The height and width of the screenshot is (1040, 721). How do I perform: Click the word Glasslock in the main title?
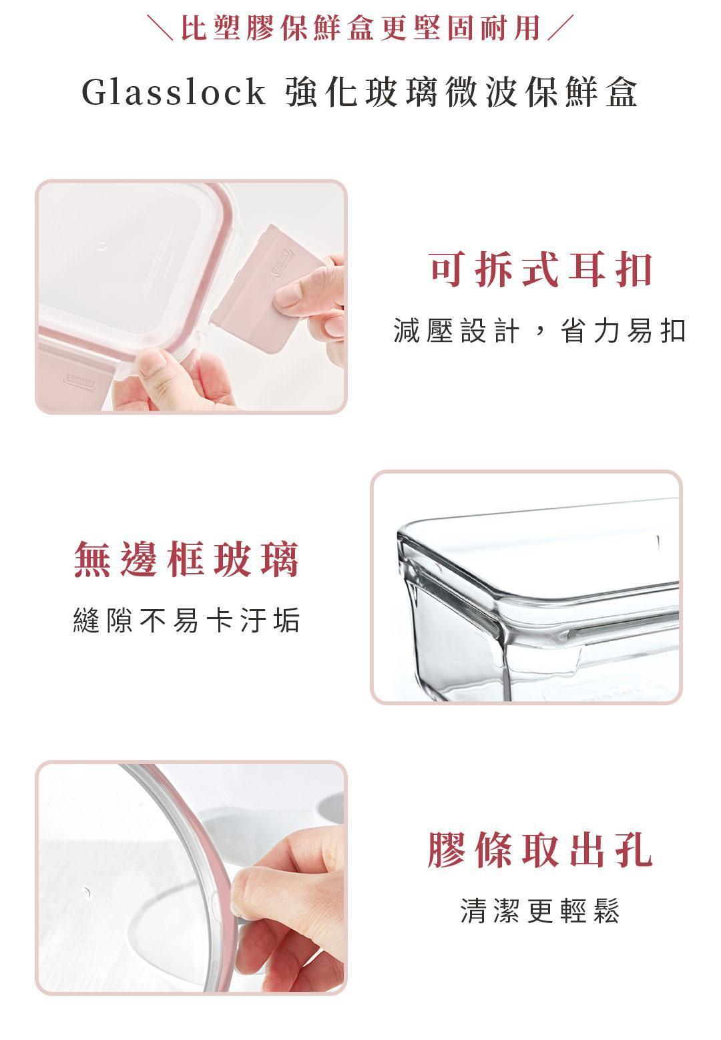pyautogui.click(x=173, y=92)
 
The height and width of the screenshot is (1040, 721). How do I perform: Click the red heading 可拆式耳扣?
pyautogui.click(x=541, y=271)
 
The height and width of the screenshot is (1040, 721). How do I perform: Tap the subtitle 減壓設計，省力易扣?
pyautogui.click(x=539, y=331)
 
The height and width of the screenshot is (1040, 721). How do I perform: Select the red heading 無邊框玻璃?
pyautogui.click(x=186, y=559)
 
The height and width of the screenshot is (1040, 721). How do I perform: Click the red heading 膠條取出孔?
pyautogui.click(x=540, y=850)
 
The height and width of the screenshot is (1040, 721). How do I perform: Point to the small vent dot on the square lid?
pyautogui.click(x=103, y=246)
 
